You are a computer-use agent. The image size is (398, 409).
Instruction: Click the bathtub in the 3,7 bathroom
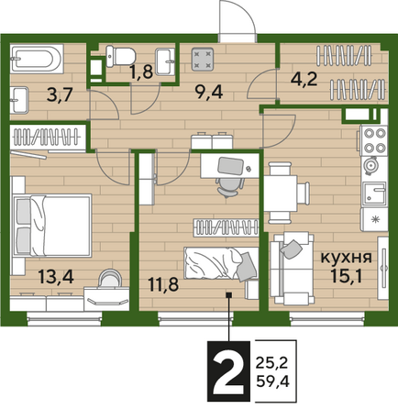[37, 59]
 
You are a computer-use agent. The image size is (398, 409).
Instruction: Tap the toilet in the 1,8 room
[121, 56]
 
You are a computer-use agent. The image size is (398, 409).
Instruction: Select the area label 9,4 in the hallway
[210, 92]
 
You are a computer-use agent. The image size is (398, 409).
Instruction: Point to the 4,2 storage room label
[304, 79]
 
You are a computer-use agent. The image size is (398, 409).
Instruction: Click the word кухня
[346, 258]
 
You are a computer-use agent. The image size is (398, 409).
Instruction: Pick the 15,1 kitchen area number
[347, 276]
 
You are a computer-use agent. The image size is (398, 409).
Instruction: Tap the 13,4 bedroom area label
[56, 277]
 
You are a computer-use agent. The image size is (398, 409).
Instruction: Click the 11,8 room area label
[163, 284]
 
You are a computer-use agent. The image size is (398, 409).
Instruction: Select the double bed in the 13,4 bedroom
[52, 226]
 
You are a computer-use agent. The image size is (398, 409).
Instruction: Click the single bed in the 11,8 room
[221, 263]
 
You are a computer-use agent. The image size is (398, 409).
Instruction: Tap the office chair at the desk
[230, 186]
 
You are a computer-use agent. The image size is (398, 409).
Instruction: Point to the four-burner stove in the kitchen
[374, 140]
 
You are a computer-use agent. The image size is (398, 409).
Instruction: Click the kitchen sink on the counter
[374, 194]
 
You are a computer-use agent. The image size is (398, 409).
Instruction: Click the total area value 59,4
[272, 381]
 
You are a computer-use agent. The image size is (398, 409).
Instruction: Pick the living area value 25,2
[272, 363]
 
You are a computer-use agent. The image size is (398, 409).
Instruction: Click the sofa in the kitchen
[292, 269]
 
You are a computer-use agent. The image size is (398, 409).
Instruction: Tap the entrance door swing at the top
[238, 21]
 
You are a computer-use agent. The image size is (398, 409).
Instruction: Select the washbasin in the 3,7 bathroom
[19, 100]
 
